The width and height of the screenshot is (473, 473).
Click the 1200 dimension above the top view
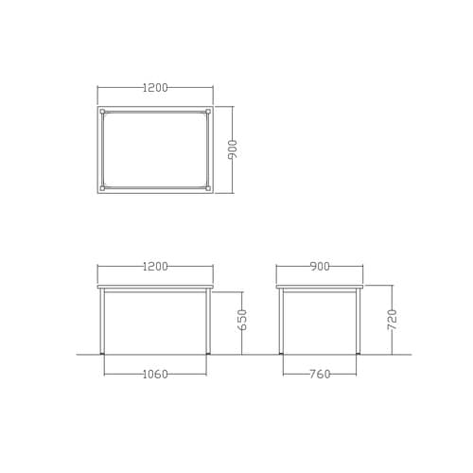[x=155, y=88]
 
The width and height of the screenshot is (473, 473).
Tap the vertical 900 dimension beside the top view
[x=233, y=149]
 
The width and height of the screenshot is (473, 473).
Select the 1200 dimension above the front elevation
[x=155, y=267]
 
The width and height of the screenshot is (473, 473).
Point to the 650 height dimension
[x=242, y=320]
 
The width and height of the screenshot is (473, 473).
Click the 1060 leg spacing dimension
[x=155, y=375]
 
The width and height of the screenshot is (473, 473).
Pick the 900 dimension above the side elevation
[x=320, y=267]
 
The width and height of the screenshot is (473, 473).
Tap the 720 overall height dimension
[x=392, y=320]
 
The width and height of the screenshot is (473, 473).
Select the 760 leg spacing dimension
[x=320, y=375]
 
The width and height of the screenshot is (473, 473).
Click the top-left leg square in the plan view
[x=102, y=112]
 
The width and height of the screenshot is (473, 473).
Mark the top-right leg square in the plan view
[x=208, y=112]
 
